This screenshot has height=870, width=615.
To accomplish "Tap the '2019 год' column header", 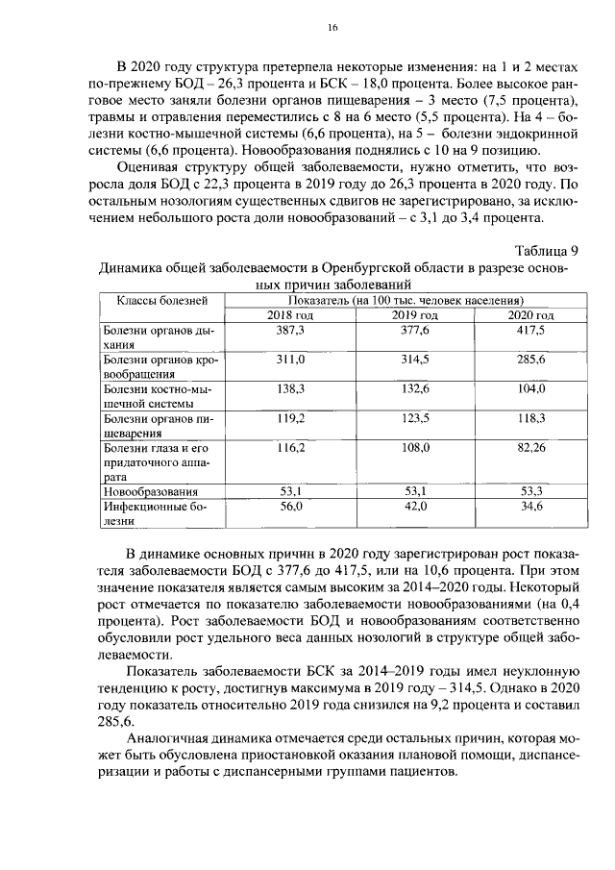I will pos(415,315).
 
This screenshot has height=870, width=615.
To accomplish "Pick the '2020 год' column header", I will pos(531,315).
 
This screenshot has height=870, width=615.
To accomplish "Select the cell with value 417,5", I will pos(531,330).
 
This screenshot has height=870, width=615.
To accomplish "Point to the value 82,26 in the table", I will pos(531,447).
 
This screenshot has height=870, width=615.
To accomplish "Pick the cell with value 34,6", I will pos(531,506).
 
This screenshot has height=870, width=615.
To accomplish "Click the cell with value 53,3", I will pos(531,491).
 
